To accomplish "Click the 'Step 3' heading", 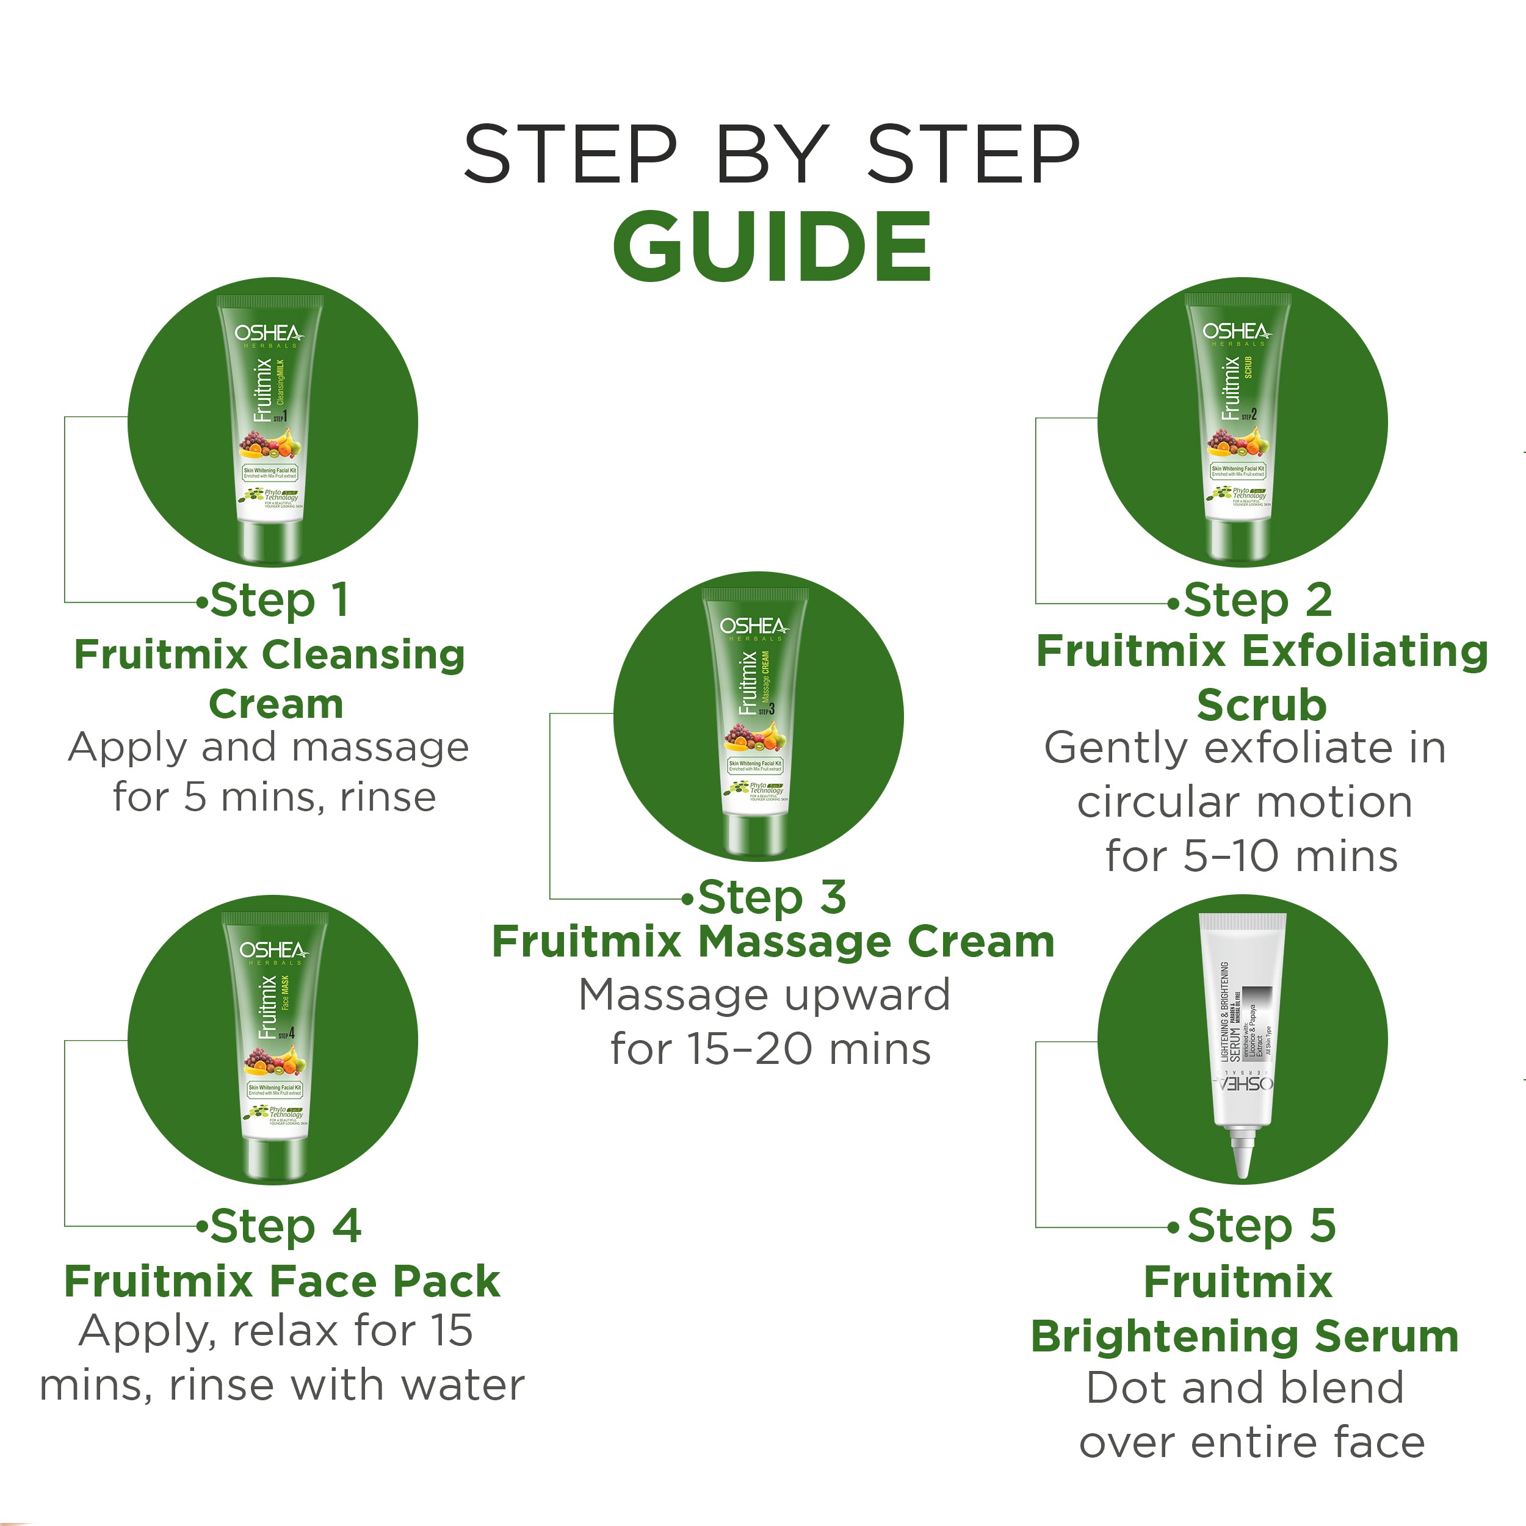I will (x=772, y=897).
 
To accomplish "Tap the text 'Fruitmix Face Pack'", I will (x=282, y=1281).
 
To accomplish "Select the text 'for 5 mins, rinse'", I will (x=274, y=797).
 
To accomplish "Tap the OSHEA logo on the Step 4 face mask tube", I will (x=273, y=950).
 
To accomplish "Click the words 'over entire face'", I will (x=1252, y=1442).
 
